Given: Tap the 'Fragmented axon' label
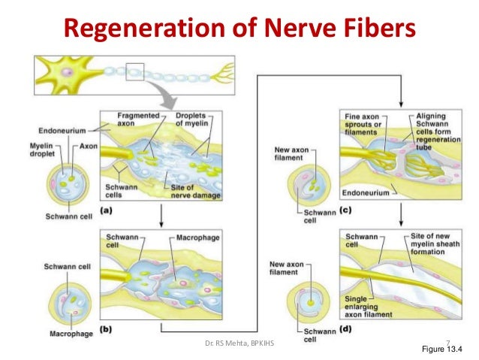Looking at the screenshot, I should [136, 119].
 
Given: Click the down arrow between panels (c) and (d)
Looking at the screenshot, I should [403, 219].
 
